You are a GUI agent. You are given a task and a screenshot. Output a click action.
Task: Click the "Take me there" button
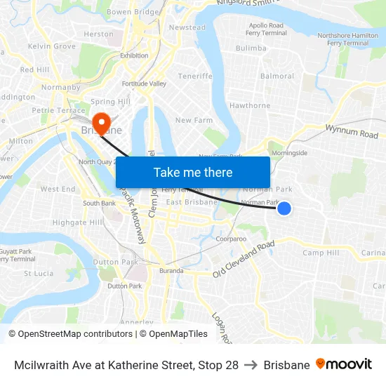193,172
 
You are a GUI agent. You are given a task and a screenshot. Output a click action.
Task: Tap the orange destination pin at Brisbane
102,124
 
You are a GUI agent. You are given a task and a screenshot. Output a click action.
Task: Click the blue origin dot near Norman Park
284,208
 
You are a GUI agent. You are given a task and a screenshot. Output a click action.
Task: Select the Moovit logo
344,364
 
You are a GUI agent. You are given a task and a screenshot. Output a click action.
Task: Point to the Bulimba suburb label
251,48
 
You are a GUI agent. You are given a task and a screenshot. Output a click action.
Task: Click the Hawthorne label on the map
250,106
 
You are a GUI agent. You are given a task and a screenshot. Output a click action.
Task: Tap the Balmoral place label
277,76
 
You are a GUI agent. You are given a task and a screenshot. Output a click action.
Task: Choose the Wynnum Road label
352,131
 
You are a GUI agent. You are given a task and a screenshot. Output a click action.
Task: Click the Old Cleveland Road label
244,259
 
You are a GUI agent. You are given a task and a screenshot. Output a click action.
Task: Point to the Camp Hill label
321,253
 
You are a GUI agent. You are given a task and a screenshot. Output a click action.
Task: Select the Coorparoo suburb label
231,239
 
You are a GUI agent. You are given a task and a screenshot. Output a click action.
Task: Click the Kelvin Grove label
52,46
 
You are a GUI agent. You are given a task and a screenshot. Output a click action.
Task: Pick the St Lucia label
39,274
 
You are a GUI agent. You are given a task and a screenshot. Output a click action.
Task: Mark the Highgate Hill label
78,222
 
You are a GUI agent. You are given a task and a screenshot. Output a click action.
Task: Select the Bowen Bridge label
133,12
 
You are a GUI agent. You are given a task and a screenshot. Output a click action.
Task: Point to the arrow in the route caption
251,365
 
